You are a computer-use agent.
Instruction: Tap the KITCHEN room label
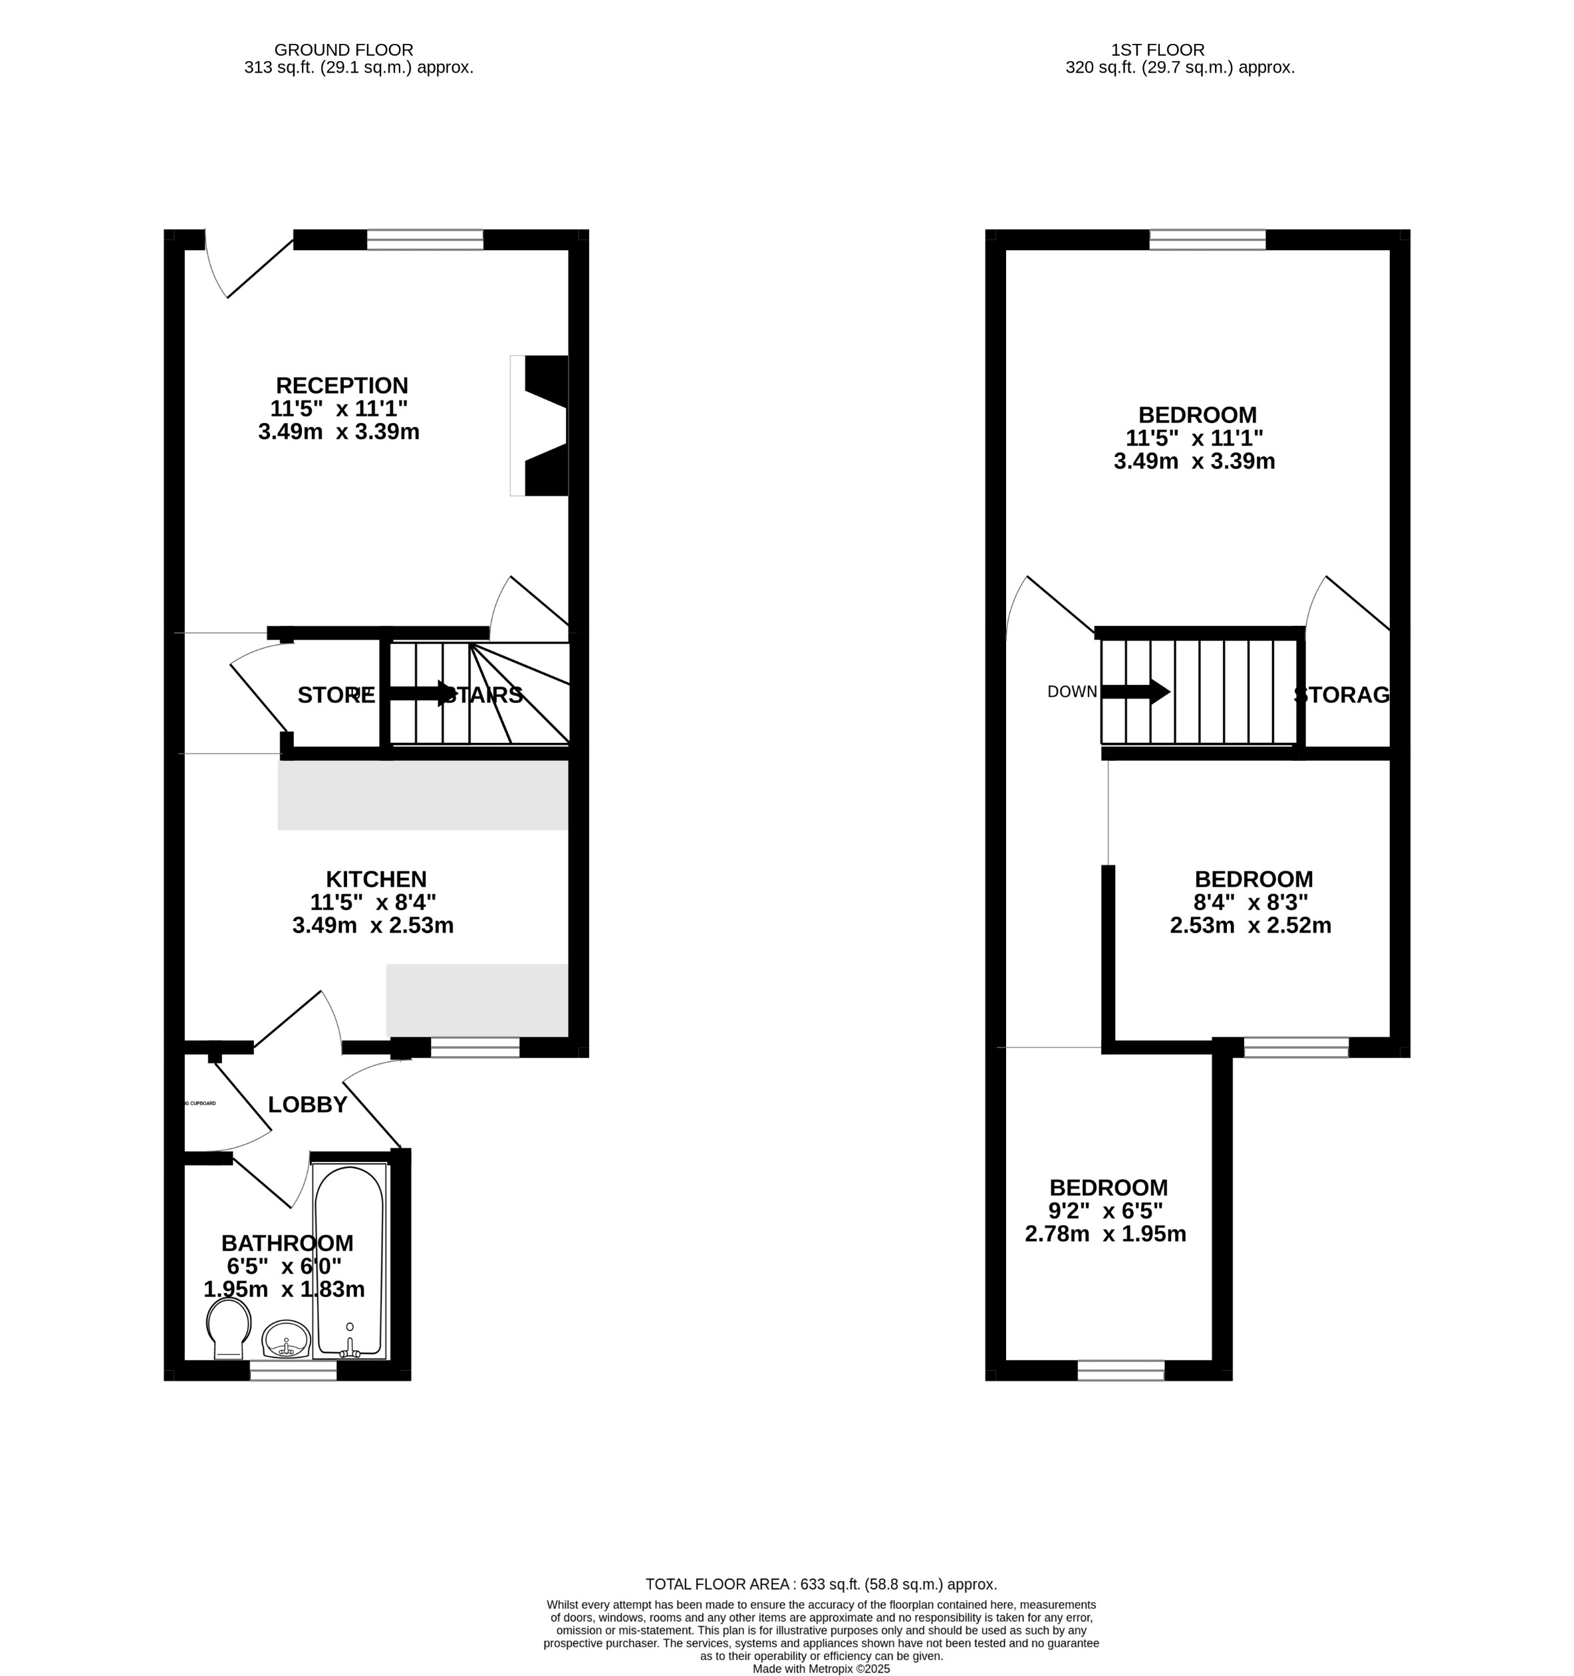tap(376, 879)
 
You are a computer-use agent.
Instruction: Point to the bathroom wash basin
tap(286, 1338)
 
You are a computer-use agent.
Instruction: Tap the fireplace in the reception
tap(544, 425)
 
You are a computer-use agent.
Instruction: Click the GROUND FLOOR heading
tap(343, 51)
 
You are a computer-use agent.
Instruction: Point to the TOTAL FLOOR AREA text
tap(821, 1584)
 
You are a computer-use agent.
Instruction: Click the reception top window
tap(425, 240)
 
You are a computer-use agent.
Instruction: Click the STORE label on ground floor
tap(336, 696)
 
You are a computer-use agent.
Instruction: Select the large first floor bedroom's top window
tap(1208, 240)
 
